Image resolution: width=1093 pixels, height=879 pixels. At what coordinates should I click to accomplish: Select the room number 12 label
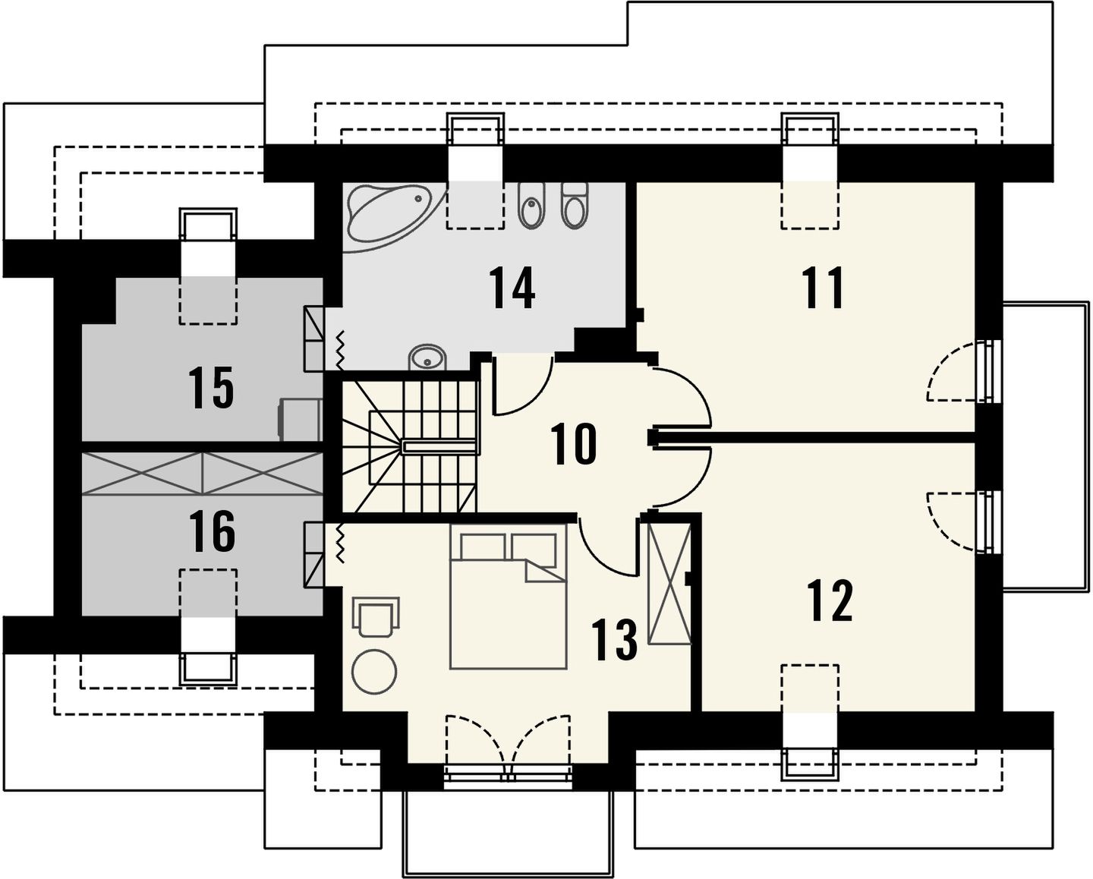coord(831,601)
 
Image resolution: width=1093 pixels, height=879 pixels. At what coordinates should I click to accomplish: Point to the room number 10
coord(573,445)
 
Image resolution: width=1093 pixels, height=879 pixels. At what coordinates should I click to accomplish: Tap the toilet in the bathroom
coord(575,205)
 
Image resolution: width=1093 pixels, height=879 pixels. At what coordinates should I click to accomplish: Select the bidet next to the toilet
coord(532,205)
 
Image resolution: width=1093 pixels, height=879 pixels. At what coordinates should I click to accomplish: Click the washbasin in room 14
coord(427,358)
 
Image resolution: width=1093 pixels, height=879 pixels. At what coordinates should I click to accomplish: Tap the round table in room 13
coord(375,673)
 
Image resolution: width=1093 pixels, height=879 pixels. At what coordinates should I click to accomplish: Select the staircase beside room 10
coord(410,447)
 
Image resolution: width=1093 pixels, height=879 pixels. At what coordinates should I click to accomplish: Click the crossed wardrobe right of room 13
coord(670,584)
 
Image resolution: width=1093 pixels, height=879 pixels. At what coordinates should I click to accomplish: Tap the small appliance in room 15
coord(300,420)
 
